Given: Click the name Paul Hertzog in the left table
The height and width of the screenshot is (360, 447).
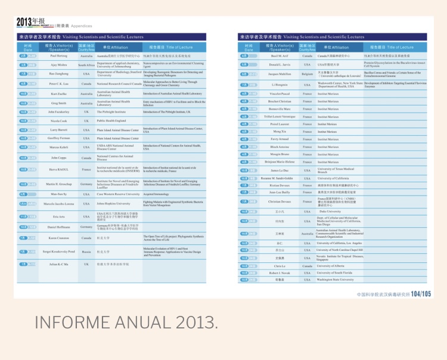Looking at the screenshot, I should (58, 55).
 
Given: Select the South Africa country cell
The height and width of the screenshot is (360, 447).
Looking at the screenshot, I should (86, 65).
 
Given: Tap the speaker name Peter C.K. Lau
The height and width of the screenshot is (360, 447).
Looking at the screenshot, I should (58, 84).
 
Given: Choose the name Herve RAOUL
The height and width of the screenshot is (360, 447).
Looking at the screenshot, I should (58, 169).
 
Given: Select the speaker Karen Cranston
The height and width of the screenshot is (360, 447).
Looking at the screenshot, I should (58, 237).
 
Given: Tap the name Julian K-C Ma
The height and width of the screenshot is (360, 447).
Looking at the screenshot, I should (58, 263).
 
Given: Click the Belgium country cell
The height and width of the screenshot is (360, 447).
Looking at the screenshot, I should (307, 75).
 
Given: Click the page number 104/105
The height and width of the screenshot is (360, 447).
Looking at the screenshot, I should (420, 294).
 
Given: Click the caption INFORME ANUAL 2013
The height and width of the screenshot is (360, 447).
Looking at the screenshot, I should (126, 322).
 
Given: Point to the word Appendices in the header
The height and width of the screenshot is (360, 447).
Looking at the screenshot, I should (81, 26).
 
